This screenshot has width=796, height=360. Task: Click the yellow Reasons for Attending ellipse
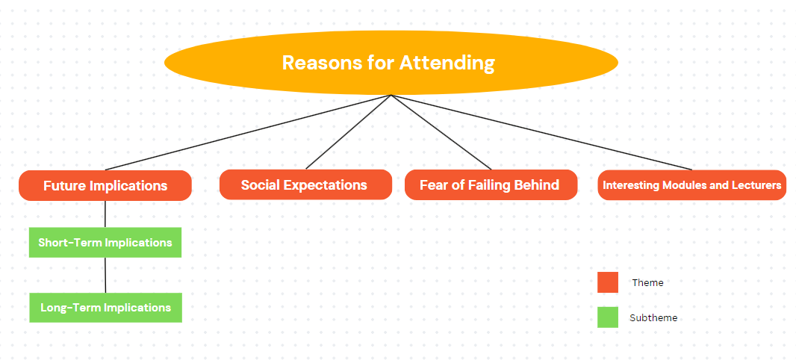(391, 63)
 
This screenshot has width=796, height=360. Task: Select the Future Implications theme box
(105, 185)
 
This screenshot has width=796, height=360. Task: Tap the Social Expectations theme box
(305, 184)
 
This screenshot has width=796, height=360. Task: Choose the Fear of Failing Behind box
(491, 184)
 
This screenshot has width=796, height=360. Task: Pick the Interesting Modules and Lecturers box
(692, 184)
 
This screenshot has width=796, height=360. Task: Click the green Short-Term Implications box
(105, 242)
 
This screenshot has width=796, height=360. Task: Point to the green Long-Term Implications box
(105, 307)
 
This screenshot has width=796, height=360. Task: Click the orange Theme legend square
(608, 282)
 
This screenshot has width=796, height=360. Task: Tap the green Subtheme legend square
(608, 317)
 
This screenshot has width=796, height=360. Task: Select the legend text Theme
(647, 283)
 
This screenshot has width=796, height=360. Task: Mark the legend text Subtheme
(653, 318)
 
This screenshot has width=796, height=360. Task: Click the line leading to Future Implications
(248, 132)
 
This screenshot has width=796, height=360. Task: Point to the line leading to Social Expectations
(348, 131)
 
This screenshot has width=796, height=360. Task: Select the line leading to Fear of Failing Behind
(441, 132)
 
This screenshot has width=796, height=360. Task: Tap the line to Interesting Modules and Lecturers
(541, 132)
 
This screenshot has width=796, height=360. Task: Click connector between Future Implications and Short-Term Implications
(105, 214)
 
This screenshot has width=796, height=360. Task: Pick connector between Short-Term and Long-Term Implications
(105, 275)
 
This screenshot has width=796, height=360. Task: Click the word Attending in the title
(447, 63)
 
